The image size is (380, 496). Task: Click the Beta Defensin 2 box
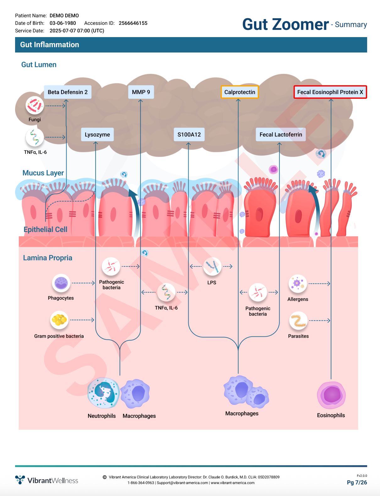68,92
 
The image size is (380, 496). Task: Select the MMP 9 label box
141,92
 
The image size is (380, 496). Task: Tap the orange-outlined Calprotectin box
240,92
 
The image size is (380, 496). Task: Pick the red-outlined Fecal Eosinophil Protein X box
330,92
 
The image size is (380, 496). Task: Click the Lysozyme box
97,135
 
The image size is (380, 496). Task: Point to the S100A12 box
189,135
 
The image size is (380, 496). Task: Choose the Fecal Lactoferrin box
281,135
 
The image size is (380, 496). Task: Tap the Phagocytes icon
61,283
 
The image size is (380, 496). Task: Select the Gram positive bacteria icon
59,320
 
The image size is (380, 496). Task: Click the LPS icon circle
212,266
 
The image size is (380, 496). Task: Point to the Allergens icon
298,284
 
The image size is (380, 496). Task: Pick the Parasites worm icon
298,321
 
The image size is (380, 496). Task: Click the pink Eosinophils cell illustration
331,395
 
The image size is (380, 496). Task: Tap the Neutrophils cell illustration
104,393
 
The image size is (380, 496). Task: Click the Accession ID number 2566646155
133,23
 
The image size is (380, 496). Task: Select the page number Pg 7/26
357,482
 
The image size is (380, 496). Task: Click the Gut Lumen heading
39,65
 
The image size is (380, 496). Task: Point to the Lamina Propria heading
48,258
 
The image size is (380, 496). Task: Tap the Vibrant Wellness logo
47,480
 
